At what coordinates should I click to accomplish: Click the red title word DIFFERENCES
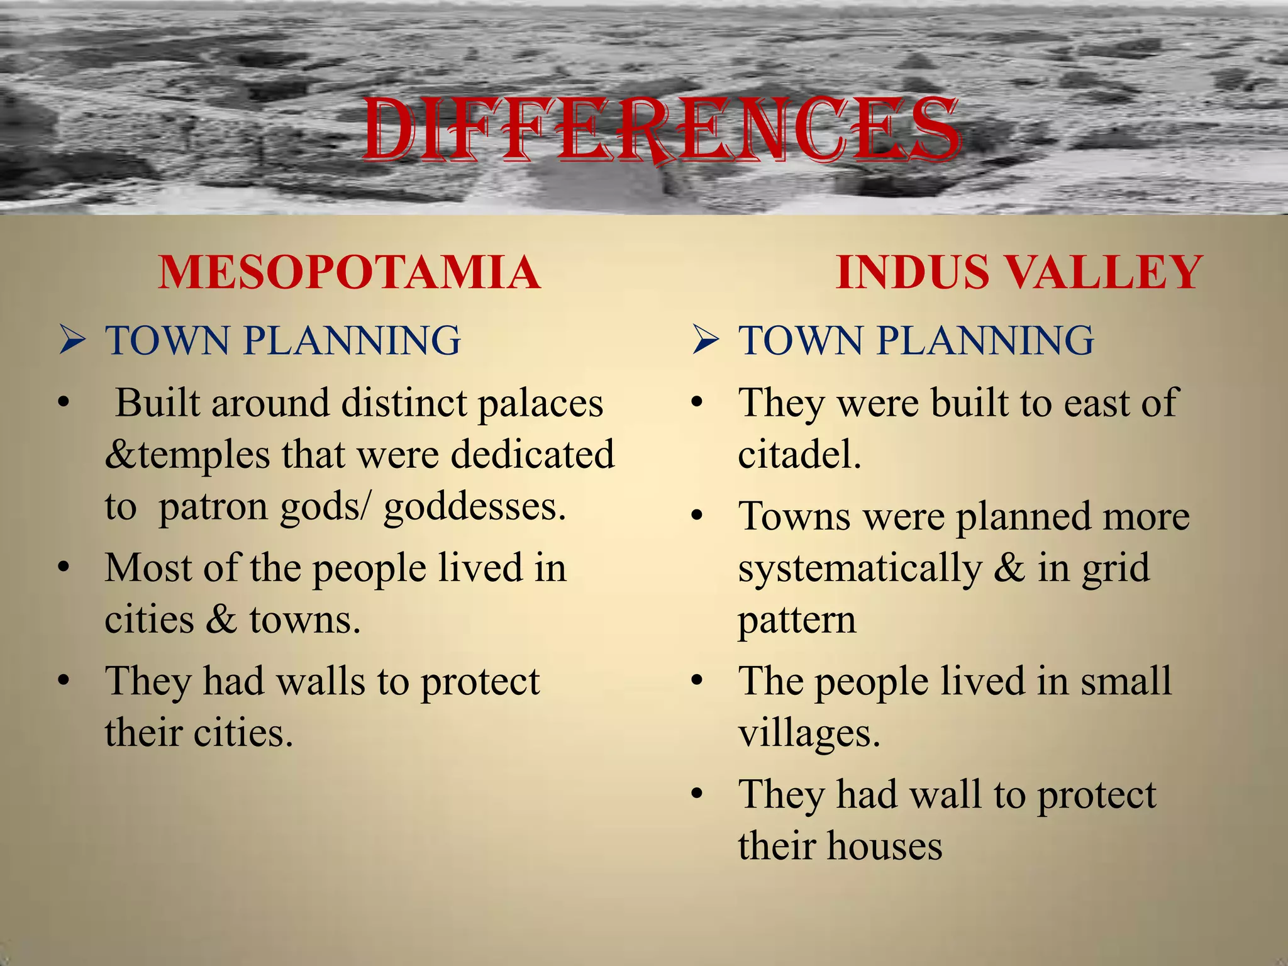pos(662,131)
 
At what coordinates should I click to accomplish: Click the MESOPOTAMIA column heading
pos(350,273)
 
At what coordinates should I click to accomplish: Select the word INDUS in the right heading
pos(913,273)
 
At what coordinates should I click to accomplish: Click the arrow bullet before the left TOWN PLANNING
pos(72,341)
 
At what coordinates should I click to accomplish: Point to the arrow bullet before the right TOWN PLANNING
pos(705,341)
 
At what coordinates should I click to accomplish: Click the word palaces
pos(540,404)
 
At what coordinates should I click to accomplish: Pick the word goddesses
pos(474,507)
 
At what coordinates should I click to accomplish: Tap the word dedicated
pos(533,455)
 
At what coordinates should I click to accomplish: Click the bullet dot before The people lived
pos(696,682)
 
